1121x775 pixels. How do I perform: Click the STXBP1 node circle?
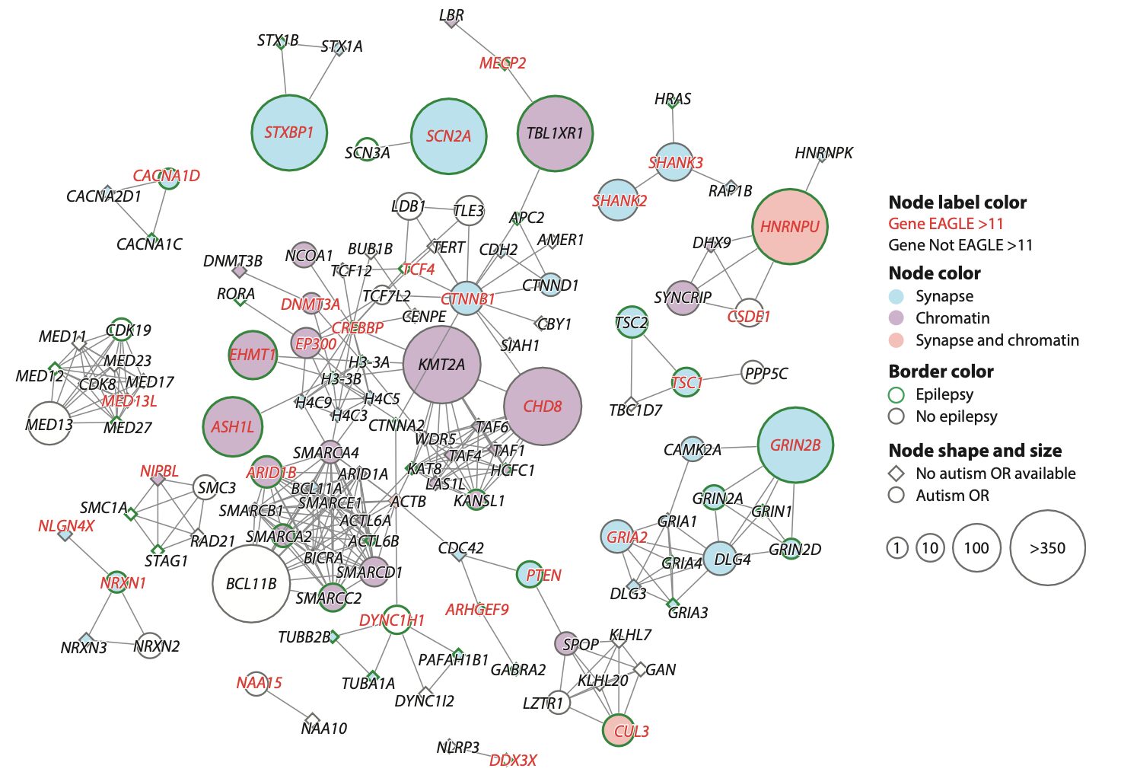click(289, 132)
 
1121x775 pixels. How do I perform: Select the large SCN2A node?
click(448, 136)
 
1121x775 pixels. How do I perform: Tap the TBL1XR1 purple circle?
click(555, 133)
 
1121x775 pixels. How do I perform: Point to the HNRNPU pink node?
click(790, 227)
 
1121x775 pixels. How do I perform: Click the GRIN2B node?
click(795, 445)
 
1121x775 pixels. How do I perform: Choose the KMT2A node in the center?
click(441, 365)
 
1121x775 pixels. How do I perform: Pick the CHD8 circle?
click(543, 407)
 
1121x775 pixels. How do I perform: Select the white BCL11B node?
click(251, 584)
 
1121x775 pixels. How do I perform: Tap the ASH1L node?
click(233, 426)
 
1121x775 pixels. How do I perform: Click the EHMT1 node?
click(253, 355)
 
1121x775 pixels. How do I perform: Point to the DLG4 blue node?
click(720, 559)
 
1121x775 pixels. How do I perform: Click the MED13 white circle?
click(49, 423)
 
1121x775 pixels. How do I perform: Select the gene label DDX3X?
click(513, 761)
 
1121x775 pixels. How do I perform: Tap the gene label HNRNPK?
click(823, 153)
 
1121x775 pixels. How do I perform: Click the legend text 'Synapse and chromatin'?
click(997, 340)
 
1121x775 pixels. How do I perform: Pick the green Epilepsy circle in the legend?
click(896, 394)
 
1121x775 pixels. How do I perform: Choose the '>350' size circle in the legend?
click(1047, 548)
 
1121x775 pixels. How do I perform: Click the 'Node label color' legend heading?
click(957, 203)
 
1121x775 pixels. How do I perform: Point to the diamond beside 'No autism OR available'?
click(896, 474)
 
